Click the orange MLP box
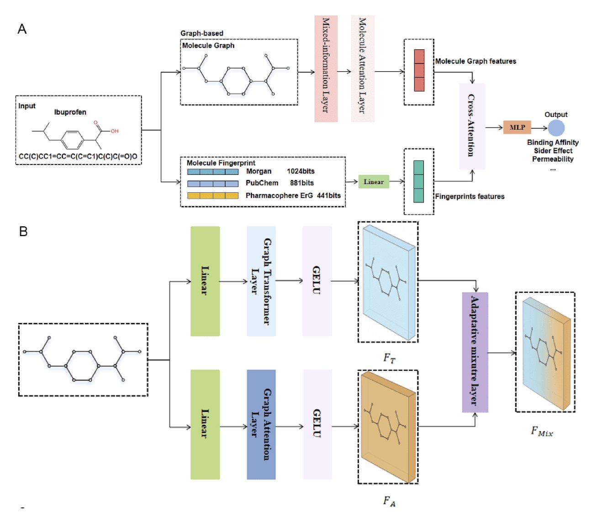pos(517,127)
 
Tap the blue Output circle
pos(556,128)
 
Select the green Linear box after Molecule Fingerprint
pos(374,182)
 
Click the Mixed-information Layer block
pos(326,69)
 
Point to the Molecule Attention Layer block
pos(362,69)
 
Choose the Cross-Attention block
pos(472,126)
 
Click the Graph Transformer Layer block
pos(261,281)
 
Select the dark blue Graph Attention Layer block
pos(261,424)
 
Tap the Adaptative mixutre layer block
pos(475,352)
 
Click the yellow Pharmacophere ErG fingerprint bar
pos(213,195)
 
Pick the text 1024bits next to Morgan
pos(301,171)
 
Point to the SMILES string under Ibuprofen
pos(78,156)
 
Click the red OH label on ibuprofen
pos(115,131)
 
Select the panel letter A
pos(22,29)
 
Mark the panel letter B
pos(23,232)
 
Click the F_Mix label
pos(542,431)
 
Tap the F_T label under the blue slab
pos(389,358)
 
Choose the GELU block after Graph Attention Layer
pos(317,424)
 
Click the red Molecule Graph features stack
pos(419,71)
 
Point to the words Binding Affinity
pos(553,142)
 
